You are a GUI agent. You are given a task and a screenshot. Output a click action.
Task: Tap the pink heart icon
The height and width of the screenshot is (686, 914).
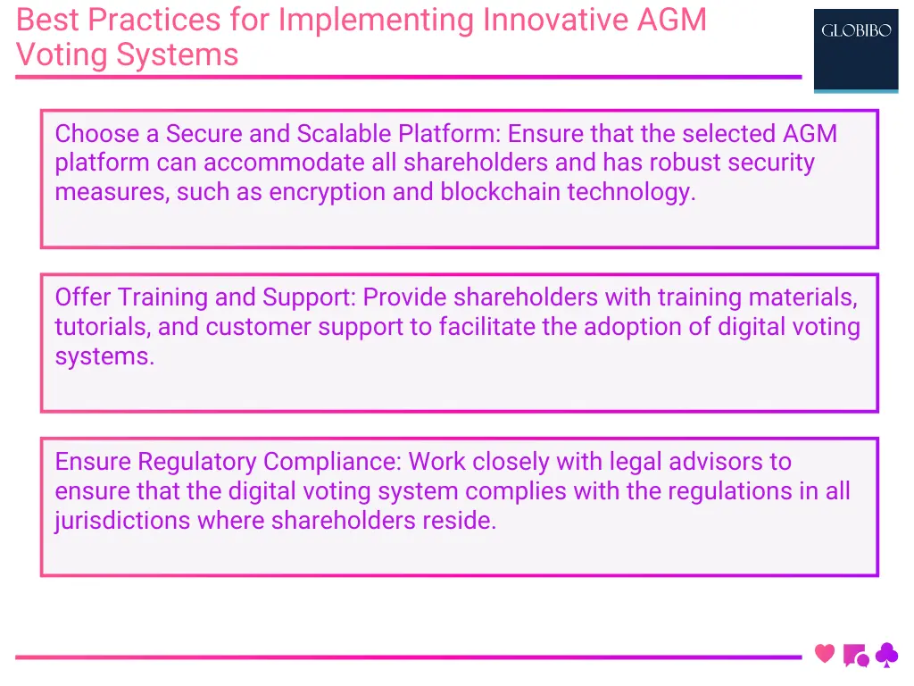click(x=825, y=654)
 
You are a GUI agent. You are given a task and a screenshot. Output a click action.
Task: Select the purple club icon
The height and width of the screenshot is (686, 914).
click(x=886, y=656)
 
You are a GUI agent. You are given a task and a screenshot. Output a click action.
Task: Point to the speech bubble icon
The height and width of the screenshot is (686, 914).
click(x=855, y=656)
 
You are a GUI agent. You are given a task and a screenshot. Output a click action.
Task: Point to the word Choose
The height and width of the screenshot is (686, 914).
click(x=96, y=134)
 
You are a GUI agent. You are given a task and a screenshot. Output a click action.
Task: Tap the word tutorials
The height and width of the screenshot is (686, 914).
click(x=102, y=327)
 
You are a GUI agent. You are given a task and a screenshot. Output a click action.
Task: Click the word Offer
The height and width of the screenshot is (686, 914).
click(x=83, y=297)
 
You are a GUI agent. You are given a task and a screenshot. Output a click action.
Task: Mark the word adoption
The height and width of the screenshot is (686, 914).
click(x=633, y=327)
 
